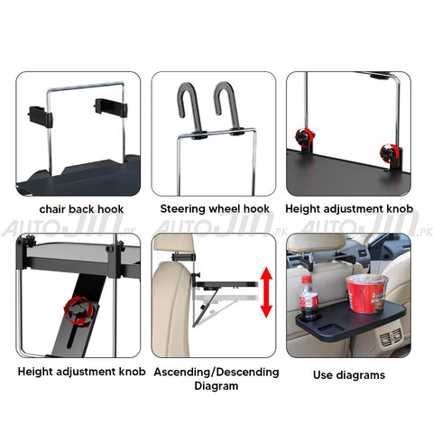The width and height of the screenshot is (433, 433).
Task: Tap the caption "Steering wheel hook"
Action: tap(214, 208)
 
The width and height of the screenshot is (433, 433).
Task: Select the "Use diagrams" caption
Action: tap(348, 373)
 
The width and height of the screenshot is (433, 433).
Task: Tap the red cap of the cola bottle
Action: tap(307, 282)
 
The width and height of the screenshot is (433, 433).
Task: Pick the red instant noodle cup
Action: tap(364, 290)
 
